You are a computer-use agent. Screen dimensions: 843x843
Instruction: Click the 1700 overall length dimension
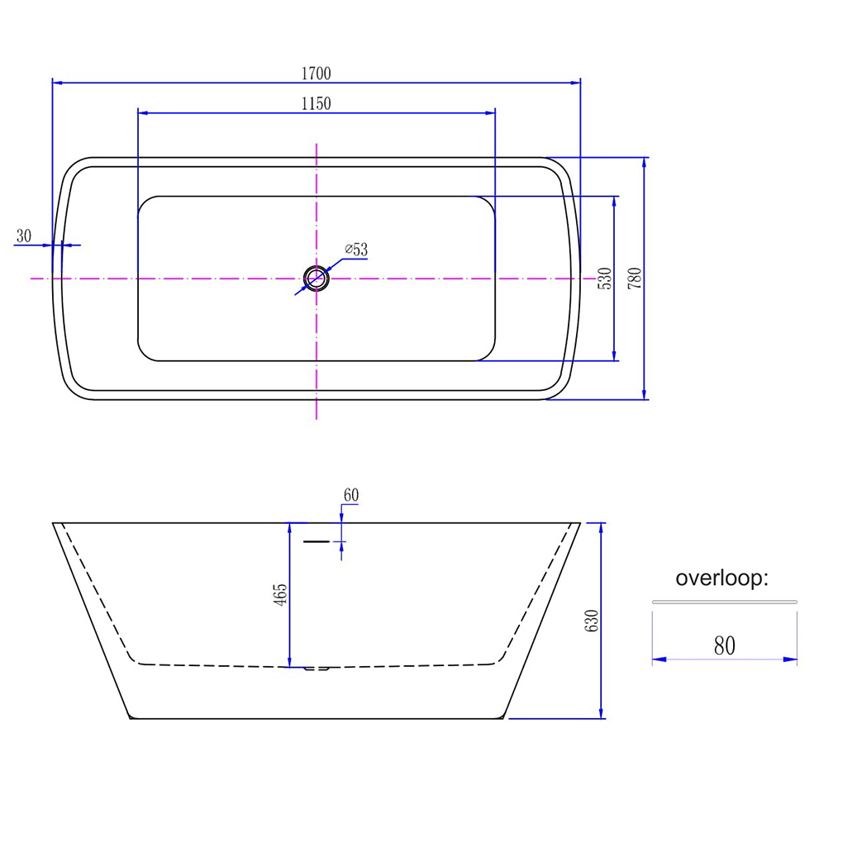click(316, 73)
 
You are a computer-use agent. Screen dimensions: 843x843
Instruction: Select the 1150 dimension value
click(316, 103)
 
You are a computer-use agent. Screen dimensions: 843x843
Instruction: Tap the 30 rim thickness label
click(24, 236)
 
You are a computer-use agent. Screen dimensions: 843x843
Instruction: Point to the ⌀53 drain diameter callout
click(356, 250)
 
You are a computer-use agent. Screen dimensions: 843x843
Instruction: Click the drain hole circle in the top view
click(316, 266)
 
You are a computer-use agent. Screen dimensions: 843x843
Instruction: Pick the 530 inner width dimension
click(605, 279)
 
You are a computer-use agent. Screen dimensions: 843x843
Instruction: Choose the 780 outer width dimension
click(635, 279)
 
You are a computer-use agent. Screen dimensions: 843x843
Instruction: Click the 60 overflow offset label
click(351, 494)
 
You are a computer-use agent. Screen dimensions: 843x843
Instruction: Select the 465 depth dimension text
click(281, 595)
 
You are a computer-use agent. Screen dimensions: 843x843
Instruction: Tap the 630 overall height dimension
click(592, 621)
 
